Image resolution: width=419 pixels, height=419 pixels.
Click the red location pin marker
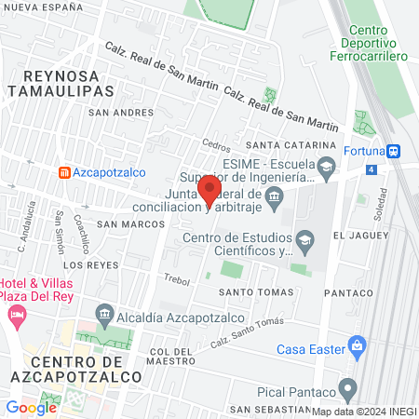tap(210, 190)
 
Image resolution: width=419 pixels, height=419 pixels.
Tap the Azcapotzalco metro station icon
tap(63, 173)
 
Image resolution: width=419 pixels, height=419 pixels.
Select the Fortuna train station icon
tap(395, 151)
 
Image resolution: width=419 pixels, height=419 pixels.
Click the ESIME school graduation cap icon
tap(326, 168)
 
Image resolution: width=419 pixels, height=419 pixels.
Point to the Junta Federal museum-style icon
tap(274, 196)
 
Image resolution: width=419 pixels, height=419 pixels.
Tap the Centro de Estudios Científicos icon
tap(304, 240)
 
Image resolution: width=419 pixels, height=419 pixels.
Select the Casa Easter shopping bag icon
tap(357, 350)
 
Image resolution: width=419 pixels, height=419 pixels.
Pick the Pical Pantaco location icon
tap(347, 387)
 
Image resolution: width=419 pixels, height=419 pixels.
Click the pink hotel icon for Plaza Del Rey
tap(16, 315)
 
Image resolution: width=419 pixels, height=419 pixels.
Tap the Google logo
tap(31, 407)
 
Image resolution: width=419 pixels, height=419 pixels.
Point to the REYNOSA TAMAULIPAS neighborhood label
tap(60, 82)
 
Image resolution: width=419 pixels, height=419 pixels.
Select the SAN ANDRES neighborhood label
tap(120, 113)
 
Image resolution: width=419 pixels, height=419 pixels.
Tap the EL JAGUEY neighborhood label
tap(359, 236)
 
